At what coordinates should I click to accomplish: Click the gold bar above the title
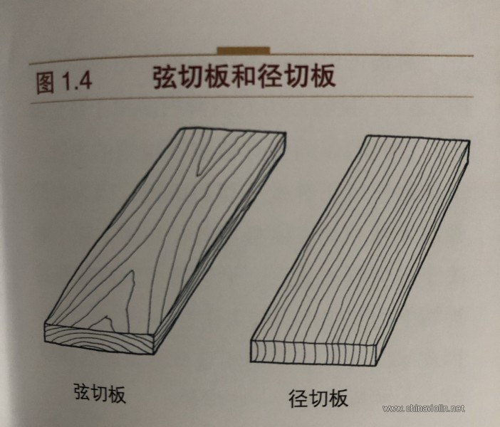pyautogui.click(x=243, y=51)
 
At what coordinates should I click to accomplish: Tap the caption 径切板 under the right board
pyautogui.click(x=318, y=397)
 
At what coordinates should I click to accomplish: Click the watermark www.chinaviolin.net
pyautogui.click(x=423, y=408)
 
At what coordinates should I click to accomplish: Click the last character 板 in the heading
pyautogui.click(x=321, y=76)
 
